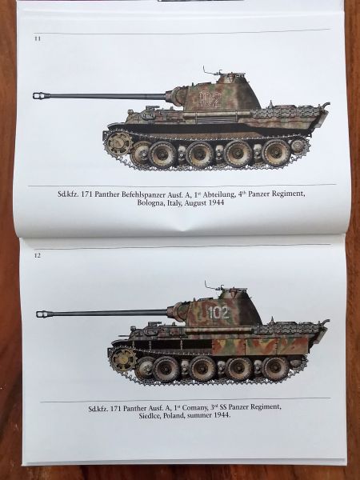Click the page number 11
(38, 39)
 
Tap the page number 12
(37, 255)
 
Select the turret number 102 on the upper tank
(210, 99)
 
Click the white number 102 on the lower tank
(218, 313)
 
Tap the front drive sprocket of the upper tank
(119, 142)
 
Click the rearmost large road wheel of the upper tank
(277, 153)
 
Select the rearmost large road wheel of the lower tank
(275, 369)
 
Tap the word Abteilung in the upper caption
(218, 194)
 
